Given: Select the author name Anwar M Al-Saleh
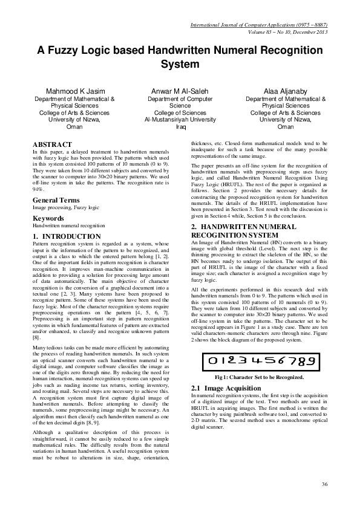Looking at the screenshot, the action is point(180,90).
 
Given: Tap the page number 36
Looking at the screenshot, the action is point(324,484).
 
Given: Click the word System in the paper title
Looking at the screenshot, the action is point(180,63).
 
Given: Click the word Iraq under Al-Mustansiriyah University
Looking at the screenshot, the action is point(180,127).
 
